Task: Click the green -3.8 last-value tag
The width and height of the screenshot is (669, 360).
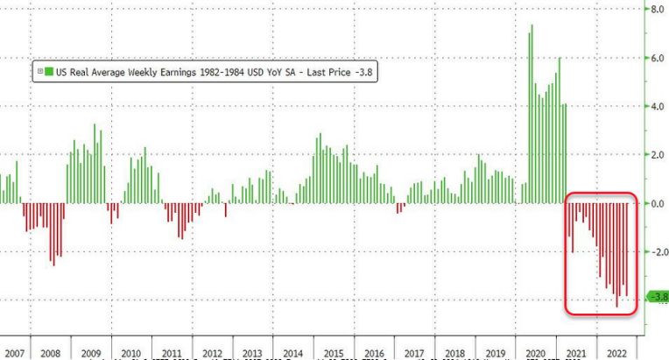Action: point(657,296)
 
